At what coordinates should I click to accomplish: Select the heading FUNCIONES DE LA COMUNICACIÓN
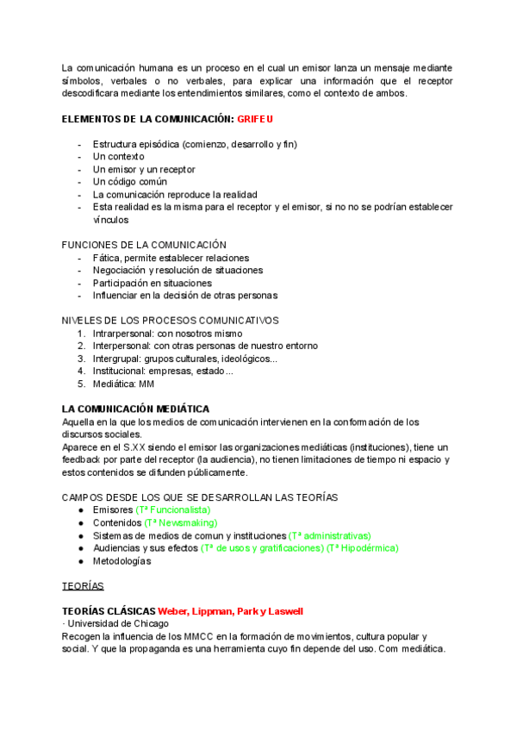tap(144, 245)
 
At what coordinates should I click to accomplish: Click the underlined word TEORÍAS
tap(83, 586)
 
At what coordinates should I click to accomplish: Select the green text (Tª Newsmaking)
tap(181, 522)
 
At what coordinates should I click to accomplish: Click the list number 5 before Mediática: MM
tap(82, 384)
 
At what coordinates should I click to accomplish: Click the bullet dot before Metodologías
tap(80, 560)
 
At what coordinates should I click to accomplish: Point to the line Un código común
tap(129, 182)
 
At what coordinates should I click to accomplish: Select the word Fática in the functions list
tap(107, 258)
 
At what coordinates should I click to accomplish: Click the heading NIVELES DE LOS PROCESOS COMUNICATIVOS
tap(171, 321)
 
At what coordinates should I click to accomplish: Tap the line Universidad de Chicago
tap(118, 623)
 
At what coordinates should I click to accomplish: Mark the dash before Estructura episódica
tap(80, 144)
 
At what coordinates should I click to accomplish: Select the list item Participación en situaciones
tap(152, 283)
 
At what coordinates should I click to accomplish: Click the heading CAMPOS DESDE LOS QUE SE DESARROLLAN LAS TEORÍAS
tap(200, 497)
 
